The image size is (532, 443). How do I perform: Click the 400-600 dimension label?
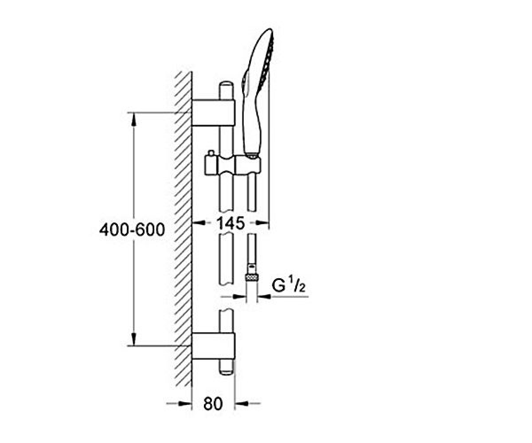tap(132, 229)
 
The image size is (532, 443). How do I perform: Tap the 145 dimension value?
tap(231, 223)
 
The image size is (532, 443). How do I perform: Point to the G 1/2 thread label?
tap(289, 286)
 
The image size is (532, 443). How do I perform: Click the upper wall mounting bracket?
tap(213, 113)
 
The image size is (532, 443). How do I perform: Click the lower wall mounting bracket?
tap(214, 346)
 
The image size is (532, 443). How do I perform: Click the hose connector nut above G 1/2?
tap(252, 277)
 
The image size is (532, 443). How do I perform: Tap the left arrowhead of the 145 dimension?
tap(199, 223)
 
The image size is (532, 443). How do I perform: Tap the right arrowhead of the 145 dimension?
tap(262, 223)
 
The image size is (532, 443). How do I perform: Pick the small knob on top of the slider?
tap(211, 153)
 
